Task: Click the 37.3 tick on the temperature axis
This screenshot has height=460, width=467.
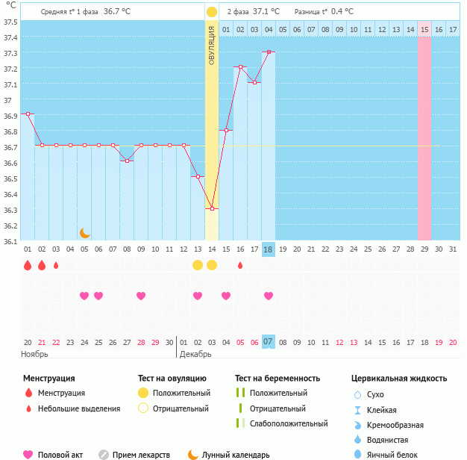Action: click(10, 53)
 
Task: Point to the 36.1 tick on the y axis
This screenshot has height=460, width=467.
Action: click(10, 241)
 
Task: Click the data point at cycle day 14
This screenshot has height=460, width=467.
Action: click(212, 208)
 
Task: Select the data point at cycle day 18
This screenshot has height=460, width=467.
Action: click(269, 52)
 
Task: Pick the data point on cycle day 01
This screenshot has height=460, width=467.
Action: click(28, 114)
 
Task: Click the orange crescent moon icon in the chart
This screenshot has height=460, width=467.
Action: click(85, 233)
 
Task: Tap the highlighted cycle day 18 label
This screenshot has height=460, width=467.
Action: click(269, 249)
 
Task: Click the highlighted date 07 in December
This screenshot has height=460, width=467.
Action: click(269, 341)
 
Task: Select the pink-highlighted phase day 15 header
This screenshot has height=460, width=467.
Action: click(424, 29)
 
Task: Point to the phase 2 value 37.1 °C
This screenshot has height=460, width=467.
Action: click(266, 12)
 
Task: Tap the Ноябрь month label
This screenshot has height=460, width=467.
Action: click(34, 353)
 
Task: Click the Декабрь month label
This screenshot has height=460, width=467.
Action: click(195, 353)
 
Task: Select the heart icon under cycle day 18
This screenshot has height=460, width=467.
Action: click(269, 296)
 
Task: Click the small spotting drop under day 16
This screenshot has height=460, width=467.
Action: click(240, 265)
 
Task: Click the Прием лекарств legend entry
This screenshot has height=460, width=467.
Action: click(140, 454)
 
